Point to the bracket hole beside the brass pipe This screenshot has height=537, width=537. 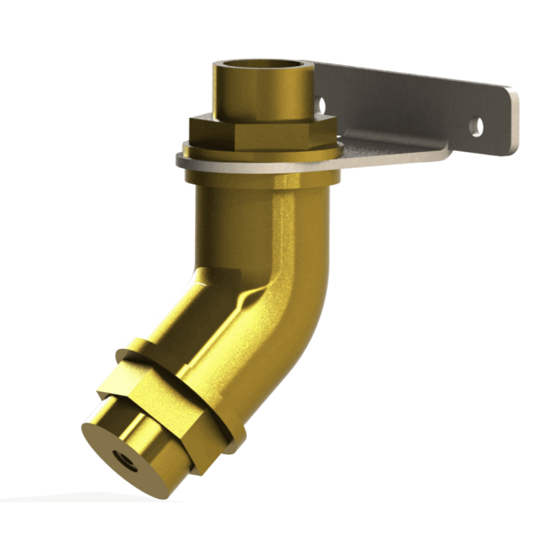coord(322,102)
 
